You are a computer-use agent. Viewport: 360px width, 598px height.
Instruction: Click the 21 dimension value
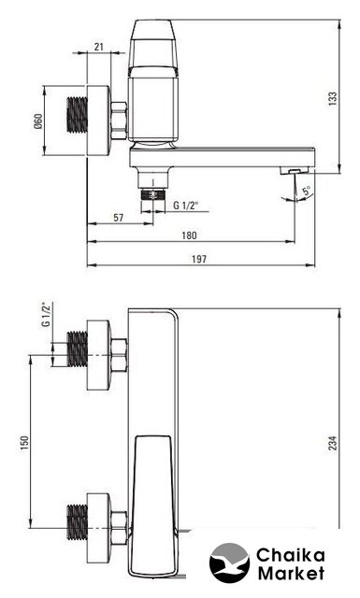coord(99,47)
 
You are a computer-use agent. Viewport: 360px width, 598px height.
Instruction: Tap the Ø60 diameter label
coord(38,121)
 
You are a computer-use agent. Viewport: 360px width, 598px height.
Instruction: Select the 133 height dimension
coord(333,98)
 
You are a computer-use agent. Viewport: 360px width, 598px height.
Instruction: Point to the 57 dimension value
coord(119,218)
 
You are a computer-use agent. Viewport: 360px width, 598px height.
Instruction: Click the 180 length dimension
coord(190,235)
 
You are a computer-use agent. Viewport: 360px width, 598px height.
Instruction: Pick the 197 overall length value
coord(199,260)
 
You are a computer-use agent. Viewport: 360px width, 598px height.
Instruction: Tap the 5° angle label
coord(307,191)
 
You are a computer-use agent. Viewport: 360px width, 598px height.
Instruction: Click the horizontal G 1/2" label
coord(186,206)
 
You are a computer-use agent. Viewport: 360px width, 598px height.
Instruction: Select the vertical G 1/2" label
coord(46,315)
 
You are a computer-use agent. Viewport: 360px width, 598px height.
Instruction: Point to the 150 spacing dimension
coord(24,443)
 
